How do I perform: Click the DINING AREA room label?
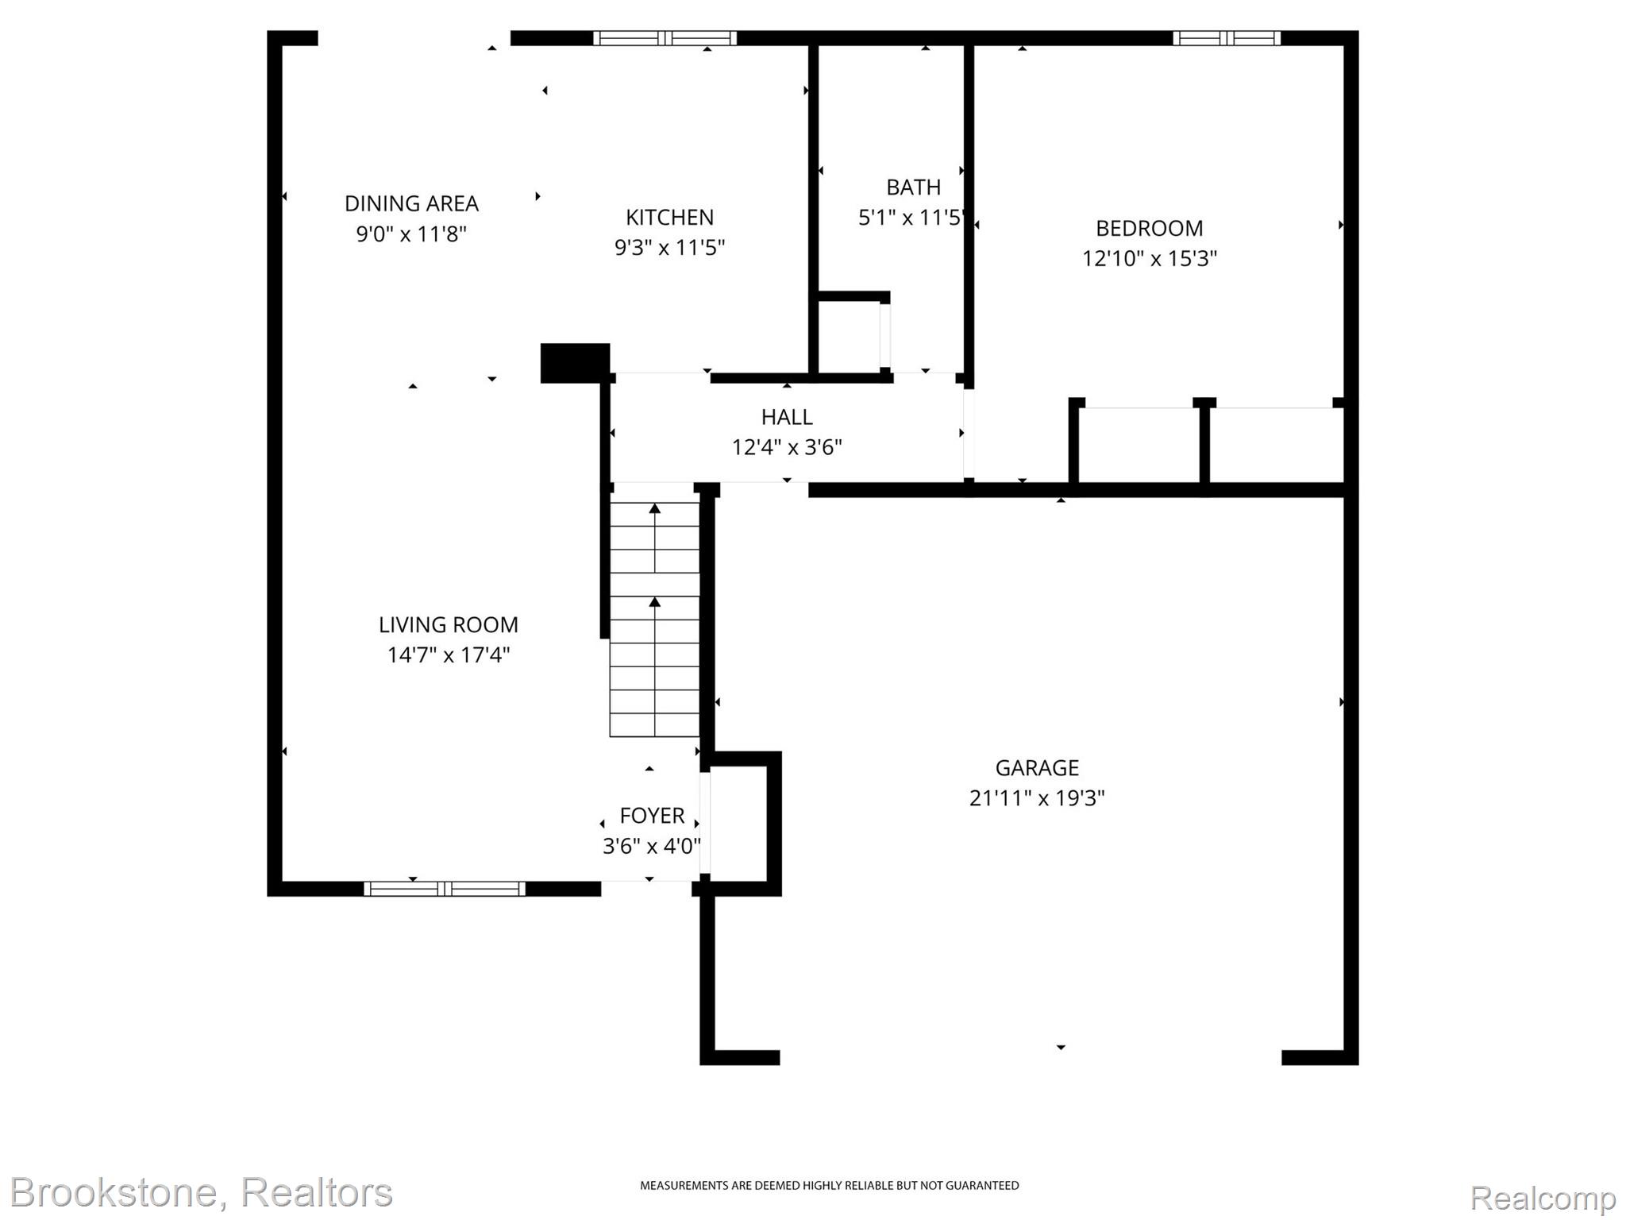(x=411, y=203)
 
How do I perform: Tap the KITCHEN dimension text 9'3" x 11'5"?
(x=669, y=248)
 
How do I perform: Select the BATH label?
(x=913, y=187)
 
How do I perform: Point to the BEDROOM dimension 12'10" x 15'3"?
(x=1149, y=259)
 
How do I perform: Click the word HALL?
(x=786, y=417)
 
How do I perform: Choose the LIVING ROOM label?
(x=448, y=625)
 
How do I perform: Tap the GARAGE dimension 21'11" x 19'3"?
(x=1036, y=798)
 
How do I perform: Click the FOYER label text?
(x=651, y=816)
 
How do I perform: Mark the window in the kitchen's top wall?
(x=665, y=38)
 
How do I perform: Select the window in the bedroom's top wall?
(x=1226, y=38)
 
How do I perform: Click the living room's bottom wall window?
(x=444, y=889)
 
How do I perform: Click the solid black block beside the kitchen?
(x=575, y=363)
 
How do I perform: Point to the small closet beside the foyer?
(x=738, y=823)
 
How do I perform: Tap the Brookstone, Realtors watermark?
(x=202, y=1191)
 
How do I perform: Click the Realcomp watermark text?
(x=1543, y=1197)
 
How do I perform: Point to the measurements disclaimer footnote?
(x=829, y=1186)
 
